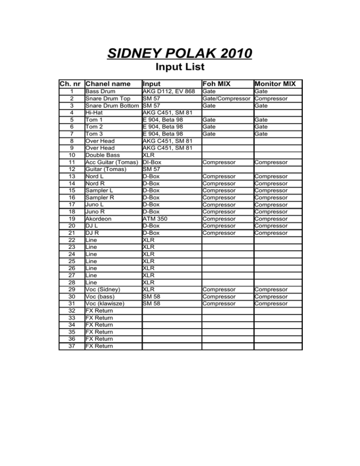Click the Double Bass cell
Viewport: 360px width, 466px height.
tap(102, 155)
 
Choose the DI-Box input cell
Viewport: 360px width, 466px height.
tap(152, 162)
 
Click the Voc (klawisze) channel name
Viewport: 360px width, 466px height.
tap(105, 303)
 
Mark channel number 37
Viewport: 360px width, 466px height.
tap(71, 346)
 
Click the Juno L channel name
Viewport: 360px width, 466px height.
tap(95, 204)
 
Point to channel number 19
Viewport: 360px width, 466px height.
tap(71, 218)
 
